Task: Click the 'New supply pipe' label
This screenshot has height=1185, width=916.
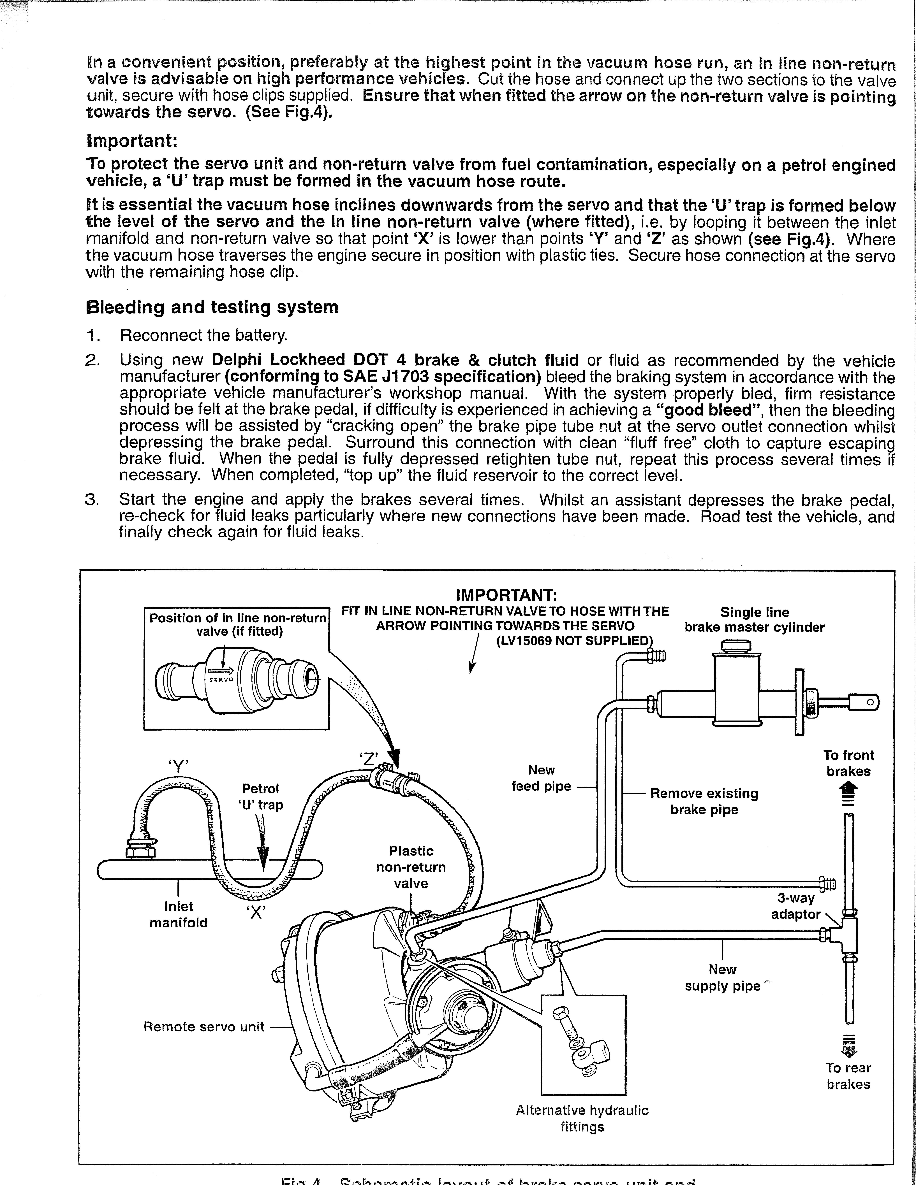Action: [x=722, y=977]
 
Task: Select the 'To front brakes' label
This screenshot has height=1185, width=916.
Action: [x=848, y=763]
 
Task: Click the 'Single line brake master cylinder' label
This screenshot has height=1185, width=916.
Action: [x=754, y=620]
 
